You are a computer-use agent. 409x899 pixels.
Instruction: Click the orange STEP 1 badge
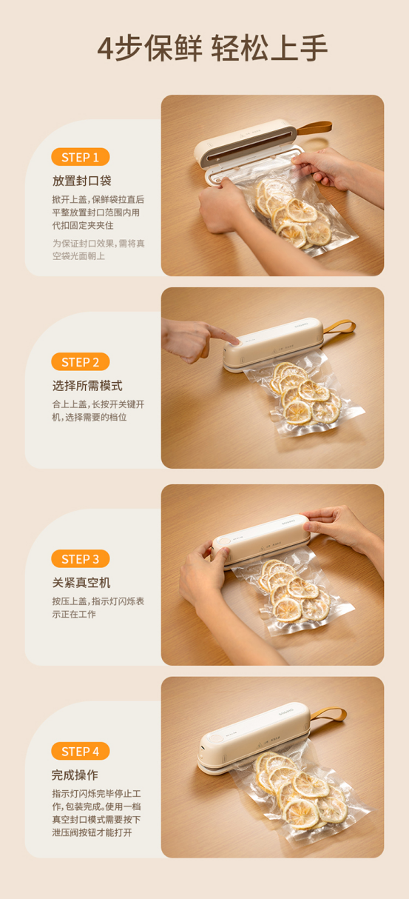[x=80, y=157]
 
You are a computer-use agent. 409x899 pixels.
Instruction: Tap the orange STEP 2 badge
[x=80, y=362]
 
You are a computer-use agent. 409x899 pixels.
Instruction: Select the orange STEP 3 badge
[x=80, y=558]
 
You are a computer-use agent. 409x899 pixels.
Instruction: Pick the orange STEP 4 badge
[x=80, y=751]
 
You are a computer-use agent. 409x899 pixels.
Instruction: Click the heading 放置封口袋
[x=82, y=181]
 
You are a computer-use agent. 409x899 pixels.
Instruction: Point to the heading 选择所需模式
[x=87, y=386]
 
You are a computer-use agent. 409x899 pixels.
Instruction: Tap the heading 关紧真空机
[x=81, y=582]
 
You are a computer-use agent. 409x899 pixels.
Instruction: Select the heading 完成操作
[x=75, y=775]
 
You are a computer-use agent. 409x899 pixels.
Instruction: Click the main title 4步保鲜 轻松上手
[x=212, y=48]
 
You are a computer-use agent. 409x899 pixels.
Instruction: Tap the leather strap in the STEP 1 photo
[x=314, y=127]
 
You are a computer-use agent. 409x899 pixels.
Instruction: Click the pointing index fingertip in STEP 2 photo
[x=236, y=341]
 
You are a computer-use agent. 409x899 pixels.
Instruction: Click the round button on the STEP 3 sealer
[x=225, y=541]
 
